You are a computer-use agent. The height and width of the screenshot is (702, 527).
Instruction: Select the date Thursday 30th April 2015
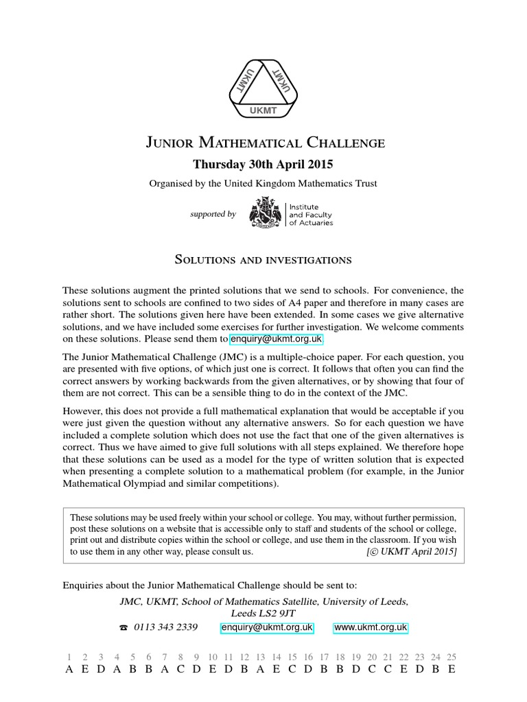[263, 165]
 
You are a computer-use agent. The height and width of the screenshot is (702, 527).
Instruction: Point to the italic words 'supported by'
[213, 214]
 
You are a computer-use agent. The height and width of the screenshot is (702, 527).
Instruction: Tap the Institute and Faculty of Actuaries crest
[266, 213]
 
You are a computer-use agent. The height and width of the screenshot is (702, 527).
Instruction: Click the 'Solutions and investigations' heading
[263, 260]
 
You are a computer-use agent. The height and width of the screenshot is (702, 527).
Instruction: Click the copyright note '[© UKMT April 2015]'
[411, 550]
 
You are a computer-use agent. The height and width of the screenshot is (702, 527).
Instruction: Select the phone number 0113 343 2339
[166, 627]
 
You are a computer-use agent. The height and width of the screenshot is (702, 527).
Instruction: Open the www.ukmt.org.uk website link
[371, 627]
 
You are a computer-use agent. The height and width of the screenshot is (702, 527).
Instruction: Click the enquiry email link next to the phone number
[267, 627]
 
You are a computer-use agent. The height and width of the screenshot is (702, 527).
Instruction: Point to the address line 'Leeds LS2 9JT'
[263, 614]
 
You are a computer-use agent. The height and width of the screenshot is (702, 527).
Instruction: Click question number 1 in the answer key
[69, 656]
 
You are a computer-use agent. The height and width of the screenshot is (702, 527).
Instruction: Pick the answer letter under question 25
[451, 669]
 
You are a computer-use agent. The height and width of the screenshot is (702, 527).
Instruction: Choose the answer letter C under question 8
[180, 669]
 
